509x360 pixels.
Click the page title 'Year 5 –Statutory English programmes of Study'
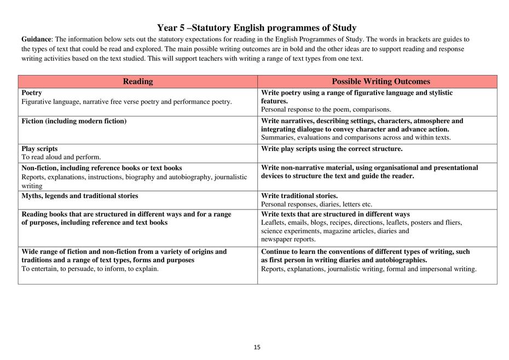[x=256, y=28]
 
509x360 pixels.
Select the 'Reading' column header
[x=137, y=82]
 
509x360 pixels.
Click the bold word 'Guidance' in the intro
[x=37, y=39]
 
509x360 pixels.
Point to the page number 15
[x=257, y=347]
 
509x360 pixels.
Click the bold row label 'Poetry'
[x=32, y=93]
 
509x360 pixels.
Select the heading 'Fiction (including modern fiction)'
[x=74, y=121]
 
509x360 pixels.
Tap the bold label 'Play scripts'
[x=39, y=149]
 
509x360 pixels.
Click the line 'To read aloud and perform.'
[x=61, y=157]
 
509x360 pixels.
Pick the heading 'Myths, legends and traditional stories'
[x=80, y=196]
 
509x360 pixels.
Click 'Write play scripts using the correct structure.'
[x=332, y=149]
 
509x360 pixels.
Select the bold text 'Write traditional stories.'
[x=299, y=196]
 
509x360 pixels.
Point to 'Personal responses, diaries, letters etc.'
[x=316, y=204]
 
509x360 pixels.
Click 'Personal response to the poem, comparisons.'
[x=326, y=109]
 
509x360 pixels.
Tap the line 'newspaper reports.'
[x=288, y=239]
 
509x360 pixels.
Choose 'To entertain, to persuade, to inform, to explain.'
[x=90, y=269]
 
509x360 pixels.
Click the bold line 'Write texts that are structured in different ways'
[x=336, y=214]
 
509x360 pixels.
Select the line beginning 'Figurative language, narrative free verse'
[x=126, y=102]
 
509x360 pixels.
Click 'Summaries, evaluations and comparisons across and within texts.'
[x=356, y=137]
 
